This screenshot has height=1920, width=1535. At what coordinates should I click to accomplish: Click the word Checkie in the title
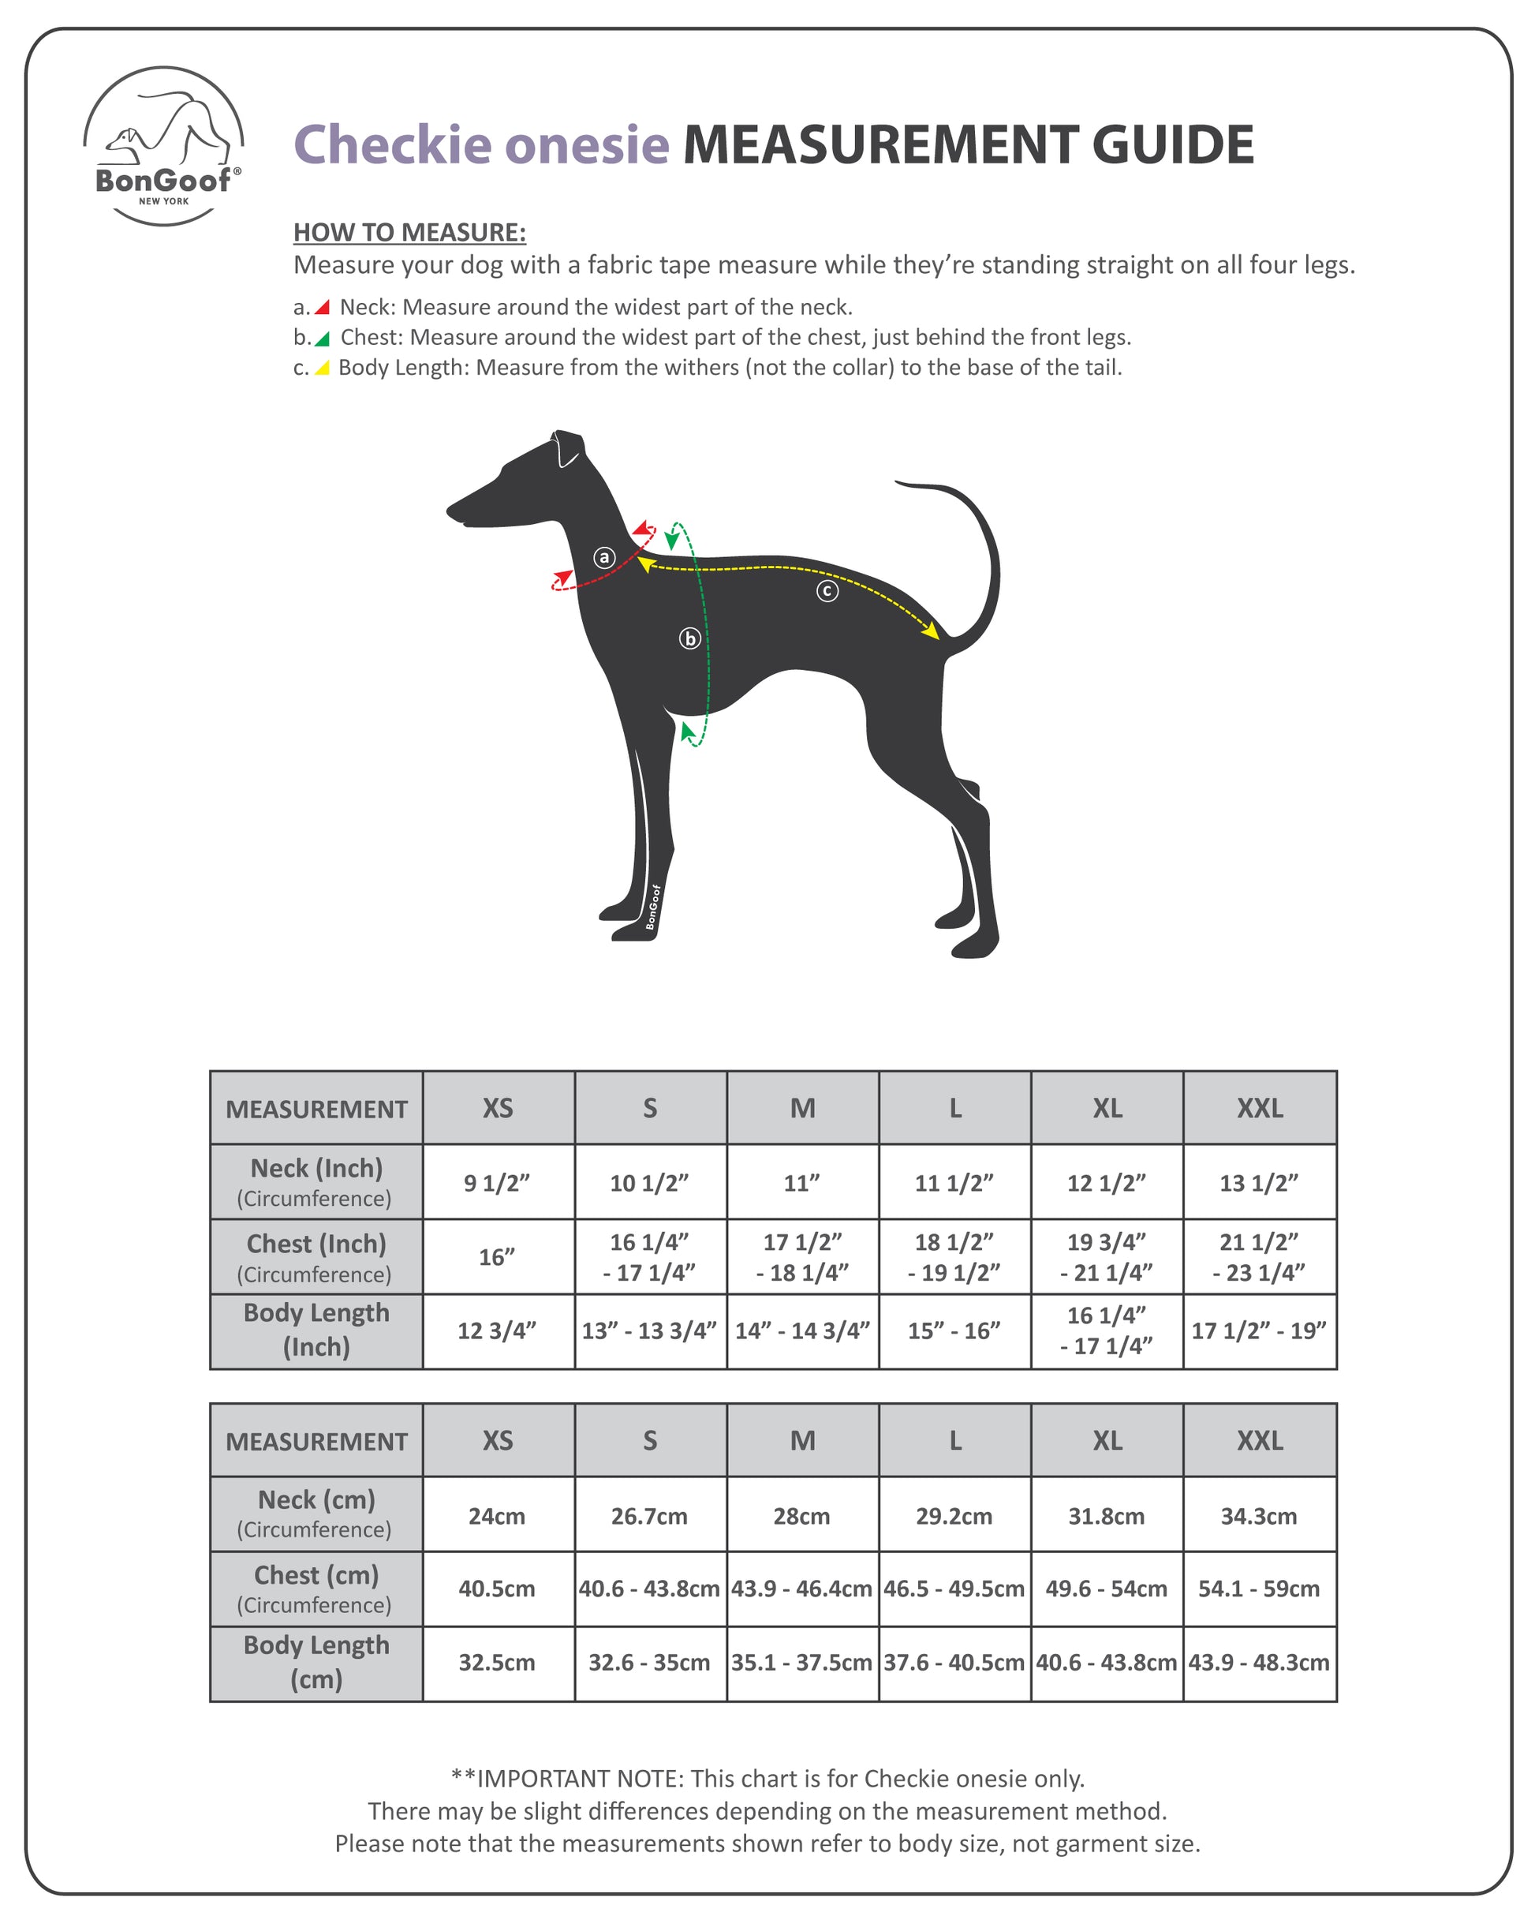[392, 144]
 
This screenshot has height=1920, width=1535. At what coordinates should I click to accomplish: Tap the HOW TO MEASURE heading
[409, 233]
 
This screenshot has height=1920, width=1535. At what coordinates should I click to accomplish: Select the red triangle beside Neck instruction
[323, 307]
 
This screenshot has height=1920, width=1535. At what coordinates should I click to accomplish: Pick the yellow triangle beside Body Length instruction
[323, 368]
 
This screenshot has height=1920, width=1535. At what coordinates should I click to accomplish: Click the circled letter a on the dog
[604, 557]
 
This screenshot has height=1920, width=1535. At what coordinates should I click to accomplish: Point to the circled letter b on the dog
[690, 638]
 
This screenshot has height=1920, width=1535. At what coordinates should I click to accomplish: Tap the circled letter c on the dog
[827, 590]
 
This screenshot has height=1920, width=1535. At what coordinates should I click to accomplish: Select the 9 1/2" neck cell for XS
[497, 1183]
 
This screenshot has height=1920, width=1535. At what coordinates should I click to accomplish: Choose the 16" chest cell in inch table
[497, 1256]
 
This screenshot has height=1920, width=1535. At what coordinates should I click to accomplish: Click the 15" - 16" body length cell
[954, 1331]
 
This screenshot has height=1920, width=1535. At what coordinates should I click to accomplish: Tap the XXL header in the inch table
[1259, 1108]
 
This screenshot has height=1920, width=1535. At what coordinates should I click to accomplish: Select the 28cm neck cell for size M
[801, 1516]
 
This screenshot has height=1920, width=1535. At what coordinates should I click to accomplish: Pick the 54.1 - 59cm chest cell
[1259, 1589]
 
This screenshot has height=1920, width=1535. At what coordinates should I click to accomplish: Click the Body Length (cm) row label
[316, 1662]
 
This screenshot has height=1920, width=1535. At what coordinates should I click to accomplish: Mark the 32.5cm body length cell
[497, 1662]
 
